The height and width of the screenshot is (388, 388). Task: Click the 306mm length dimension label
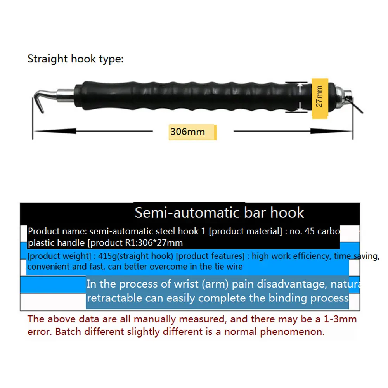(x=187, y=132)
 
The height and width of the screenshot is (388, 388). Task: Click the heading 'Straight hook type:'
(x=76, y=59)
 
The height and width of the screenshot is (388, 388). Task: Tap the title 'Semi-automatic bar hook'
(x=219, y=213)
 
